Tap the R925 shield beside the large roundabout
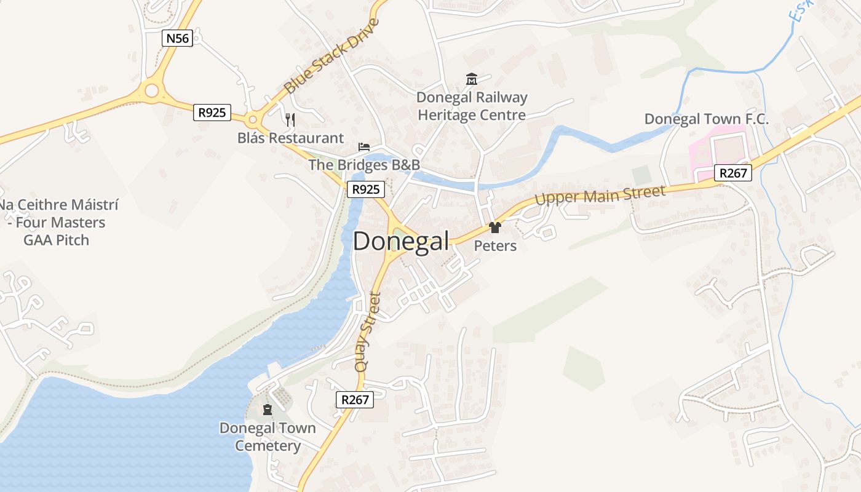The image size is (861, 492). point(212,113)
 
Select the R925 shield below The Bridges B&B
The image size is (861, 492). point(366,189)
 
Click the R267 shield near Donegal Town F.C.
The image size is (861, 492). point(733,173)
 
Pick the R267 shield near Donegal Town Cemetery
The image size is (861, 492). point(355,400)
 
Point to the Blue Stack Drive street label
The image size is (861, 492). point(332,56)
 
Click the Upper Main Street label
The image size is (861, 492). point(600,196)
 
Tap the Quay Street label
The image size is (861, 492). point(368,331)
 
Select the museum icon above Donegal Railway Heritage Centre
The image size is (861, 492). point(472,79)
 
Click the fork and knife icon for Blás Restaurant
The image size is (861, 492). point(290,119)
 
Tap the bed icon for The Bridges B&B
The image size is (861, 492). point(364,147)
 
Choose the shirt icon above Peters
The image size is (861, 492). point(494,228)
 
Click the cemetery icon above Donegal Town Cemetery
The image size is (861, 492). point(268,410)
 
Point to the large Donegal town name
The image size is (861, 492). point(401,241)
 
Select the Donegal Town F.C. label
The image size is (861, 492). point(706,119)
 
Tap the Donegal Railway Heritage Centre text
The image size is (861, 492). point(472,106)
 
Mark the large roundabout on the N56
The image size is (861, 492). point(151,92)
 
